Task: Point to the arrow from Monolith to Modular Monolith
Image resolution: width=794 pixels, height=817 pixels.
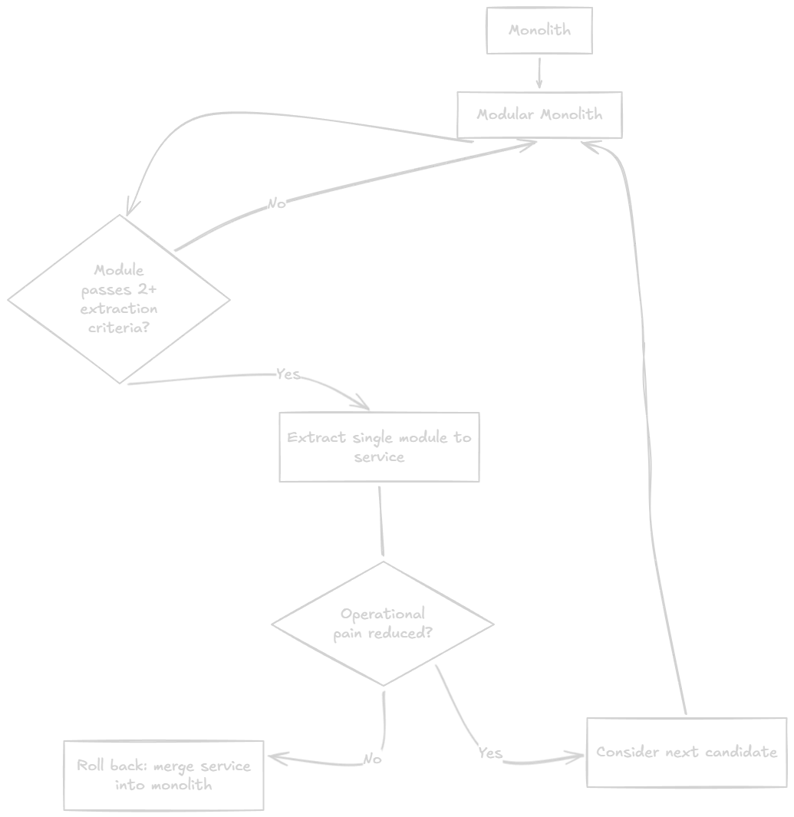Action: [x=539, y=73]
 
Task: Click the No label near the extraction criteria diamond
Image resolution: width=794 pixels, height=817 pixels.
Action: [x=277, y=203]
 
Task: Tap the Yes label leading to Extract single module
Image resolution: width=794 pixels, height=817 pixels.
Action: [x=288, y=374]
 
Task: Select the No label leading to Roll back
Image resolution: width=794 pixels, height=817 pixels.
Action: [x=373, y=759]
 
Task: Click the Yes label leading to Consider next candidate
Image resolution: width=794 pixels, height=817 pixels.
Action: [x=490, y=753]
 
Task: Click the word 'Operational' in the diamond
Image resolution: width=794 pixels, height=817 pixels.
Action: [x=383, y=614]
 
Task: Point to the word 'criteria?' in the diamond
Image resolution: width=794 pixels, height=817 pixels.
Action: [x=119, y=328]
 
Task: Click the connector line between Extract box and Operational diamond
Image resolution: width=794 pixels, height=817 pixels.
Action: [x=381, y=521]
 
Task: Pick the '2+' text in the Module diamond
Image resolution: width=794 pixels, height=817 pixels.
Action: [x=147, y=289]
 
